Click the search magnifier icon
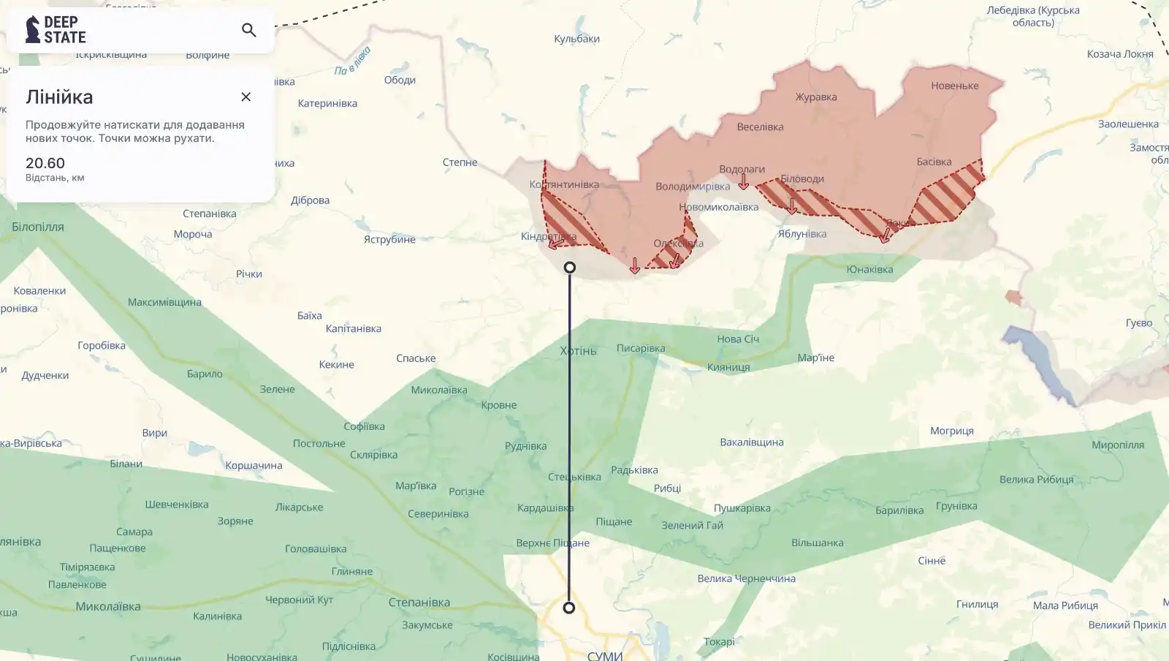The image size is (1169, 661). coord(248,30)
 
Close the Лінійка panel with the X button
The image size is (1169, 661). coord(246,97)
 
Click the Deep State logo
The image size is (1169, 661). coord(56,30)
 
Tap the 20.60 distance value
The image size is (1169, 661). coord(45,163)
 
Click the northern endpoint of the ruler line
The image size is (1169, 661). coord(570,268)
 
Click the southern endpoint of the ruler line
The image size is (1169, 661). coord(569,608)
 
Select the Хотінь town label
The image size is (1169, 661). coord(579,351)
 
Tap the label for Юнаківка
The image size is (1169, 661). coord(869,269)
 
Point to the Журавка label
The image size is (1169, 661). coord(816,97)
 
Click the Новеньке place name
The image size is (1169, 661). coord(954,86)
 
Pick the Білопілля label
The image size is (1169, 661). coord(38,227)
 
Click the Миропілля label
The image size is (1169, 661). coord(1118,445)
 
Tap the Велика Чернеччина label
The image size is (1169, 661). coord(746,578)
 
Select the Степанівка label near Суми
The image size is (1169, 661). coord(419,603)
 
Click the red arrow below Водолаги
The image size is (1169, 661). coord(744,182)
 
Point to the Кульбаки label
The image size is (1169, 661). coord(576,39)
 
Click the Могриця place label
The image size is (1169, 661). coord(951,431)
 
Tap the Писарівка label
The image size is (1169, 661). coord(641,348)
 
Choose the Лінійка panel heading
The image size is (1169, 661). coord(59,97)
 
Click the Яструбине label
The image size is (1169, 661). coord(389,239)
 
